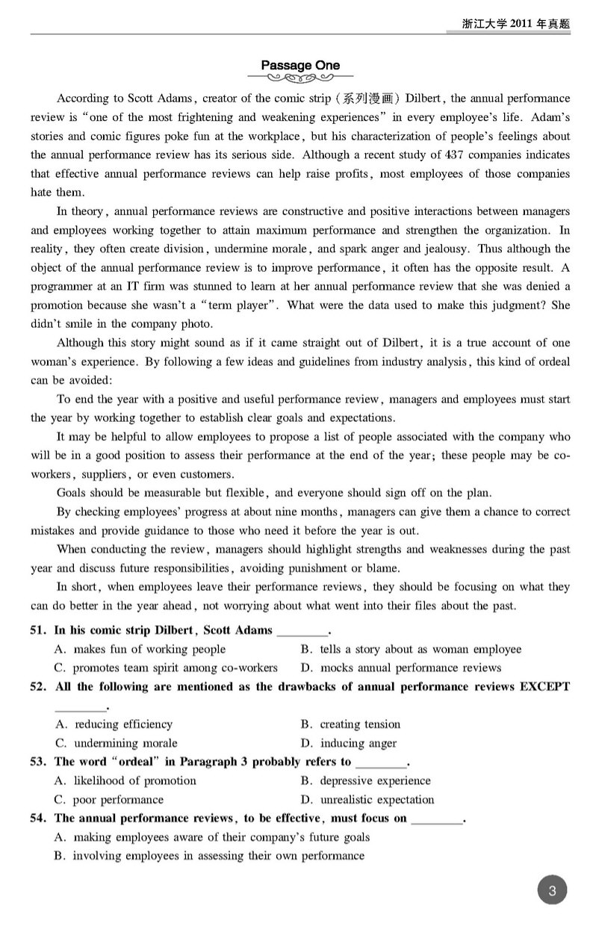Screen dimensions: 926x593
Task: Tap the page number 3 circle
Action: click(552, 890)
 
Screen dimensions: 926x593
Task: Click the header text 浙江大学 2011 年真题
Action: click(516, 24)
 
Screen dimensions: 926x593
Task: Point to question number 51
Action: click(39, 630)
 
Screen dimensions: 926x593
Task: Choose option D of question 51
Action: click(401, 668)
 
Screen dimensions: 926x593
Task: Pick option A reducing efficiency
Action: click(114, 724)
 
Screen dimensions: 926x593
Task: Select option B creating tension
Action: click(350, 724)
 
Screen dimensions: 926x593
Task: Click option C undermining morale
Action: click(117, 743)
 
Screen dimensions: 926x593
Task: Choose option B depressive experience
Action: click(365, 780)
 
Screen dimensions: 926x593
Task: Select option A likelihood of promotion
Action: click(125, 780)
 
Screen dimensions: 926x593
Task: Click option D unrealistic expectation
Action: click(367, 800)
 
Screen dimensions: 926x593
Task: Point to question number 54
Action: click(39, 818)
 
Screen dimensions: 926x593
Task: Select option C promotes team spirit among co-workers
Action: click(167, 668)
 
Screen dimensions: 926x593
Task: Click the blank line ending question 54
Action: click(437, 820)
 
